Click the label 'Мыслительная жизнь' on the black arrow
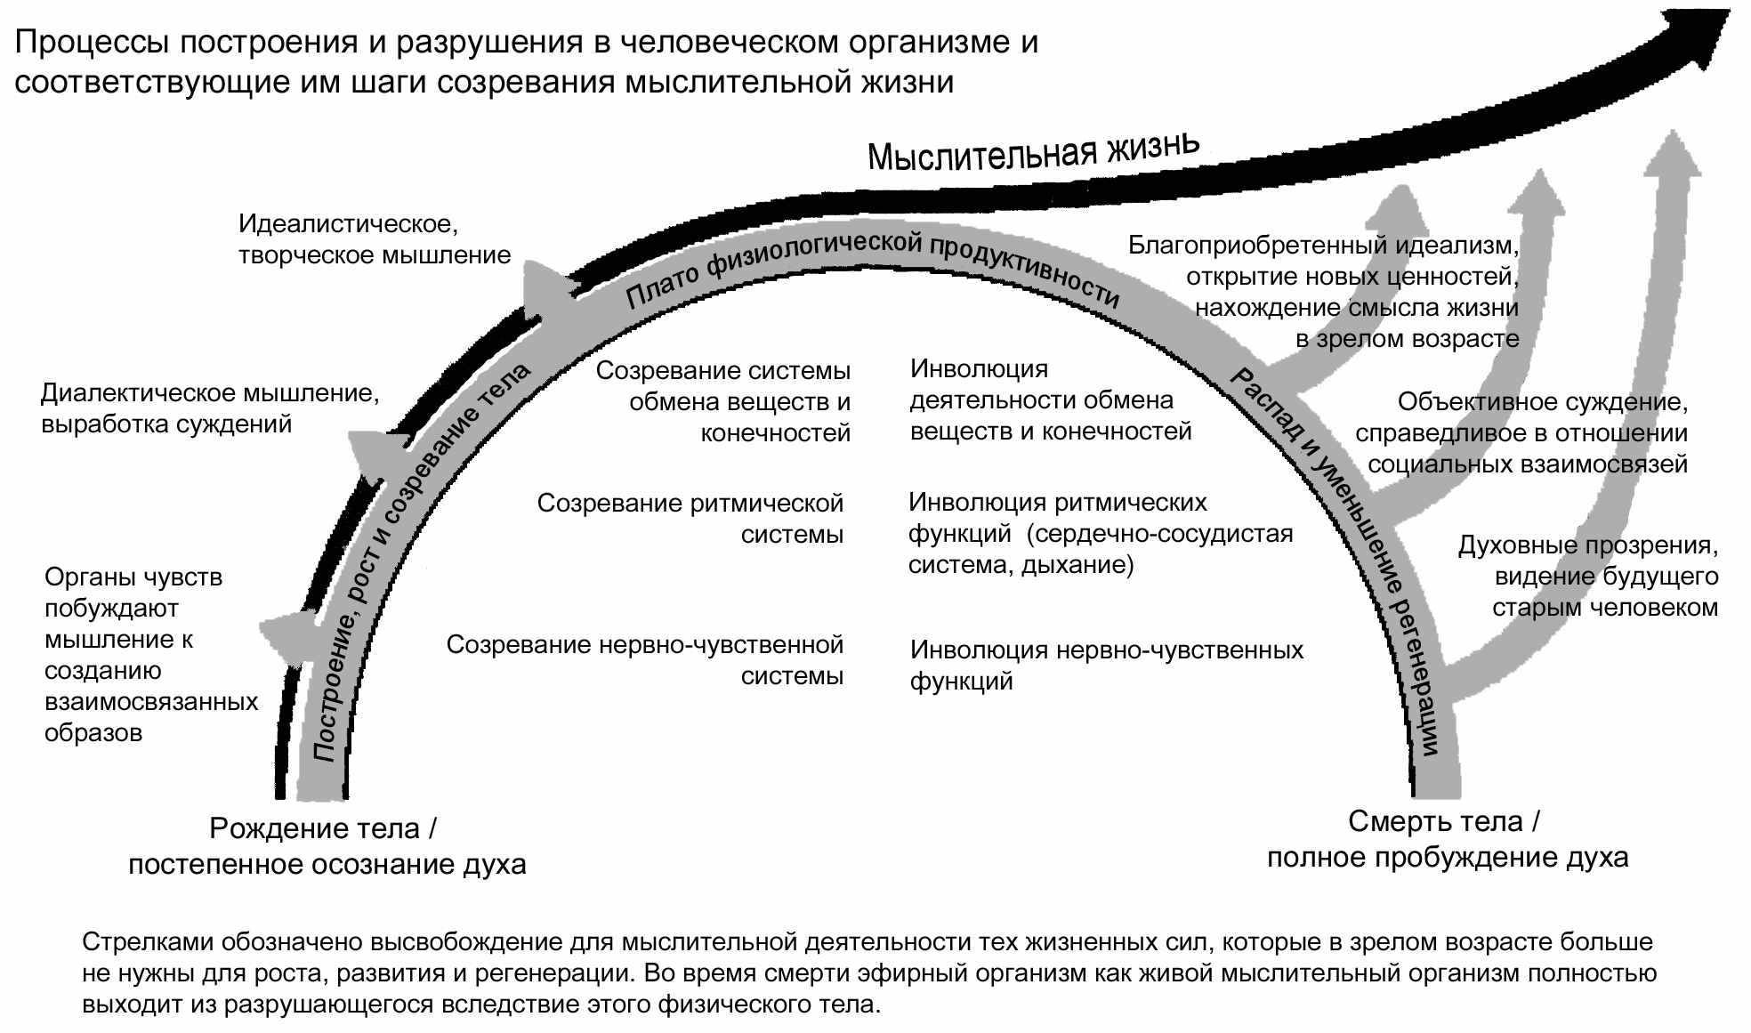[x=1033, y=152]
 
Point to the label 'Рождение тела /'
[x=323, y=828]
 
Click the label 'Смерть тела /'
[x=1443, y=821]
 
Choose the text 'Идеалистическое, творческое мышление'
[x=374, y=239]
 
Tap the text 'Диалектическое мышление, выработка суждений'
[x=210, y=408]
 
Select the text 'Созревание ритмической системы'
[x=690, y=519]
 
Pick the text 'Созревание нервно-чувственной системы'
[x=645, y=659]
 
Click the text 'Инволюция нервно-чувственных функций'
[x=1106, y=665]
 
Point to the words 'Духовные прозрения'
[x=1587, y=545]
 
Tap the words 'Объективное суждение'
[x=1542, y=402]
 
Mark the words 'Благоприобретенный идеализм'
[x=1323, y=245]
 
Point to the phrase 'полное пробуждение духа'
[x=1448, y=858]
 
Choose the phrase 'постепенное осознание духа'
[x=327, y=864]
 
